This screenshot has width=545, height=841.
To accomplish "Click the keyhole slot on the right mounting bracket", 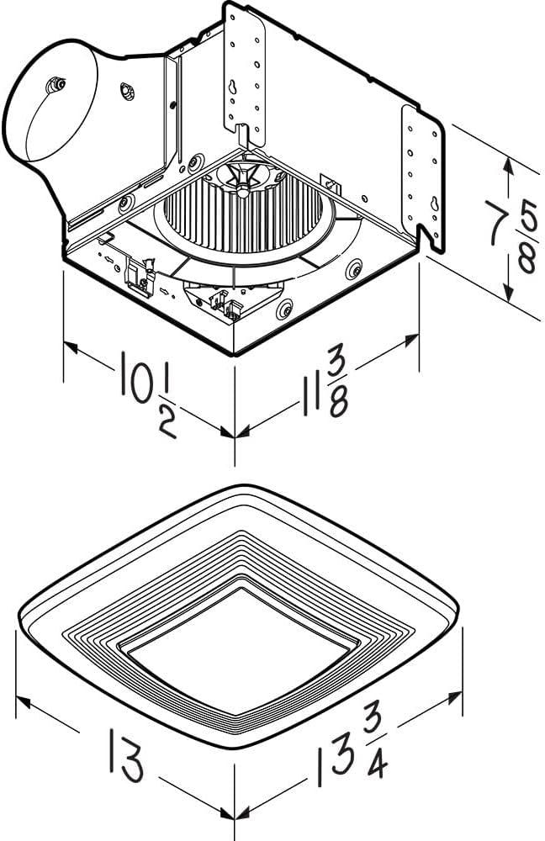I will point(434,205).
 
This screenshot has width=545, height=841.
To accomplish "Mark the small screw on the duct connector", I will point(57,84).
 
